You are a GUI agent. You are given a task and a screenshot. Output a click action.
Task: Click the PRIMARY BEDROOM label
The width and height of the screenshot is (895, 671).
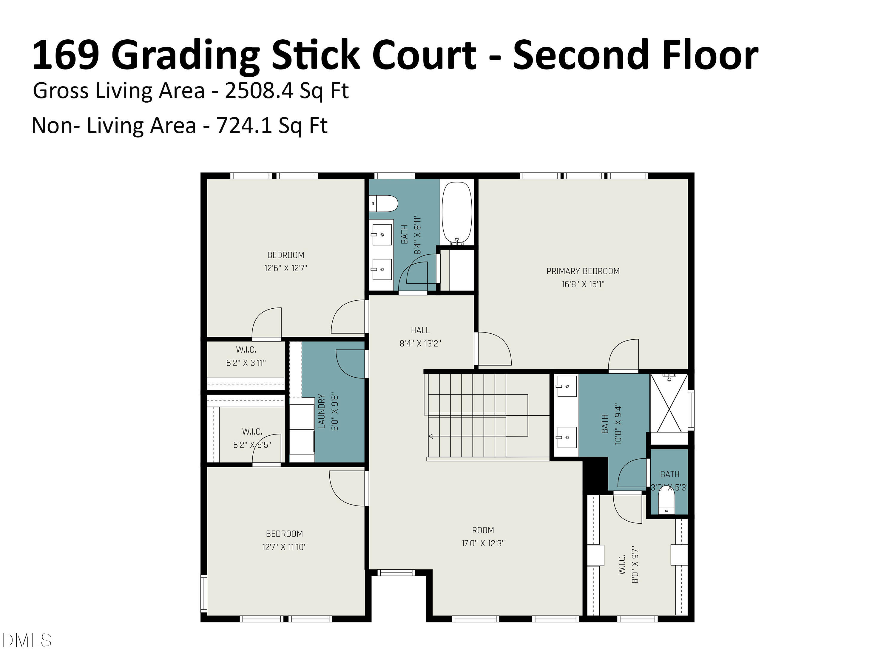point(583,271)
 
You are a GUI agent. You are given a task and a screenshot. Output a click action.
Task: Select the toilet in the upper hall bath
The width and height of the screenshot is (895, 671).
point(384,203)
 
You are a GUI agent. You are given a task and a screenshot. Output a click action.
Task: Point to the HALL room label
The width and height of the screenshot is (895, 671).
point(420,330)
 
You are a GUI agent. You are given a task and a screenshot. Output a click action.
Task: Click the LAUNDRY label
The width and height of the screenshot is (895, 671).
point(322,411)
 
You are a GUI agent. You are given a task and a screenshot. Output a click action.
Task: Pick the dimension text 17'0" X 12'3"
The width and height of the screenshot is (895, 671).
point(483,543)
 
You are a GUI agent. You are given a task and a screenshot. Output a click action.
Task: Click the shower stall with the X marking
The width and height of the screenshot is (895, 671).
point(669,403)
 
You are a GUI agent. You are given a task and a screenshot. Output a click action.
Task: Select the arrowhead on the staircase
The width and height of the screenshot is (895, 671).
point(431,436)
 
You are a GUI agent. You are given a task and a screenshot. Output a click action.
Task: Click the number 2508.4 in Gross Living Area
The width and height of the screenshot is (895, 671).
point(259,91)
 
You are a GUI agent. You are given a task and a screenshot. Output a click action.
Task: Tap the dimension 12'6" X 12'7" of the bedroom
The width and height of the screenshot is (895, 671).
point(286,268)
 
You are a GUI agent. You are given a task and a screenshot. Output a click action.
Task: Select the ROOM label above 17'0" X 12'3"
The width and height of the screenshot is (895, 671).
point(483,530)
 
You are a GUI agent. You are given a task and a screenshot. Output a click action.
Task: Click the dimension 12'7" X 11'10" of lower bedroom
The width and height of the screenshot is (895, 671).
point(284,547)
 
